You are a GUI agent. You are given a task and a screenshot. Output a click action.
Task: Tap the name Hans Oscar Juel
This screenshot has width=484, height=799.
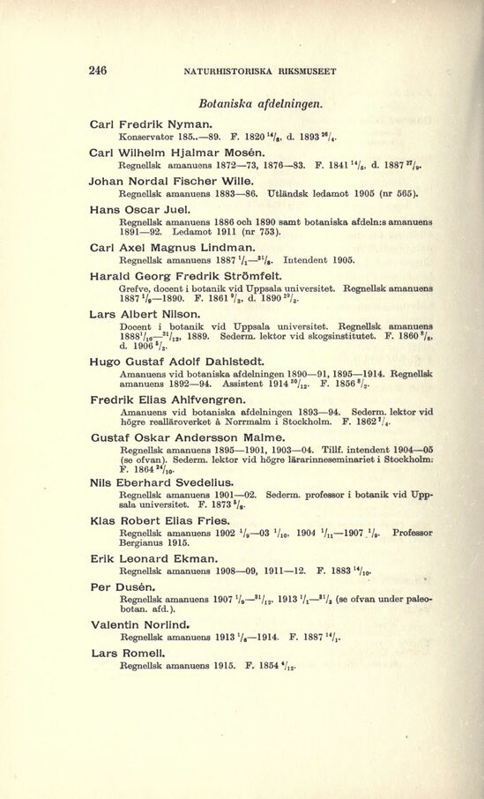[140, 210]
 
